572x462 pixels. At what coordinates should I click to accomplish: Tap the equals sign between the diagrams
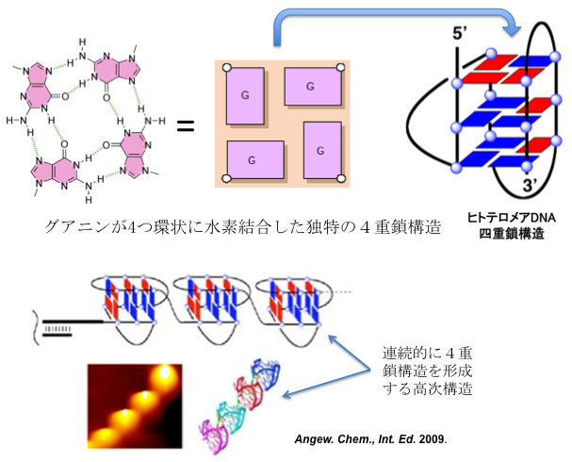186,124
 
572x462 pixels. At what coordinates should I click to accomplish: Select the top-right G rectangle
312,86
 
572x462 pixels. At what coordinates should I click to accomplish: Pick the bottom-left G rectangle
254,160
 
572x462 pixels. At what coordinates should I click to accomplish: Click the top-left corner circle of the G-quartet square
225,67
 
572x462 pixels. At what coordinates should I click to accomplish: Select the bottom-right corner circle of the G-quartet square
344,179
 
